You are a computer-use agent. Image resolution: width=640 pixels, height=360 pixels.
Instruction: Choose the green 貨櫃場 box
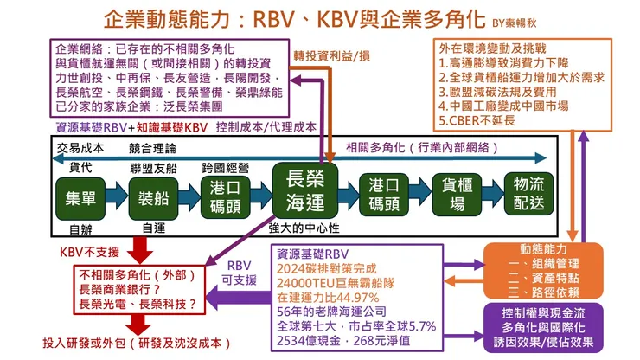[456, 196]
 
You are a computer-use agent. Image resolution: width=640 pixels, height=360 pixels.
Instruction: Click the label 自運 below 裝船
[153, 228]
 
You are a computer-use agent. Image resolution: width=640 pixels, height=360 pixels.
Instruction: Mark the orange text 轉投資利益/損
[332, 55]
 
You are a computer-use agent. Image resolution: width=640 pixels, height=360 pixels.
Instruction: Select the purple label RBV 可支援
[240, 273]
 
